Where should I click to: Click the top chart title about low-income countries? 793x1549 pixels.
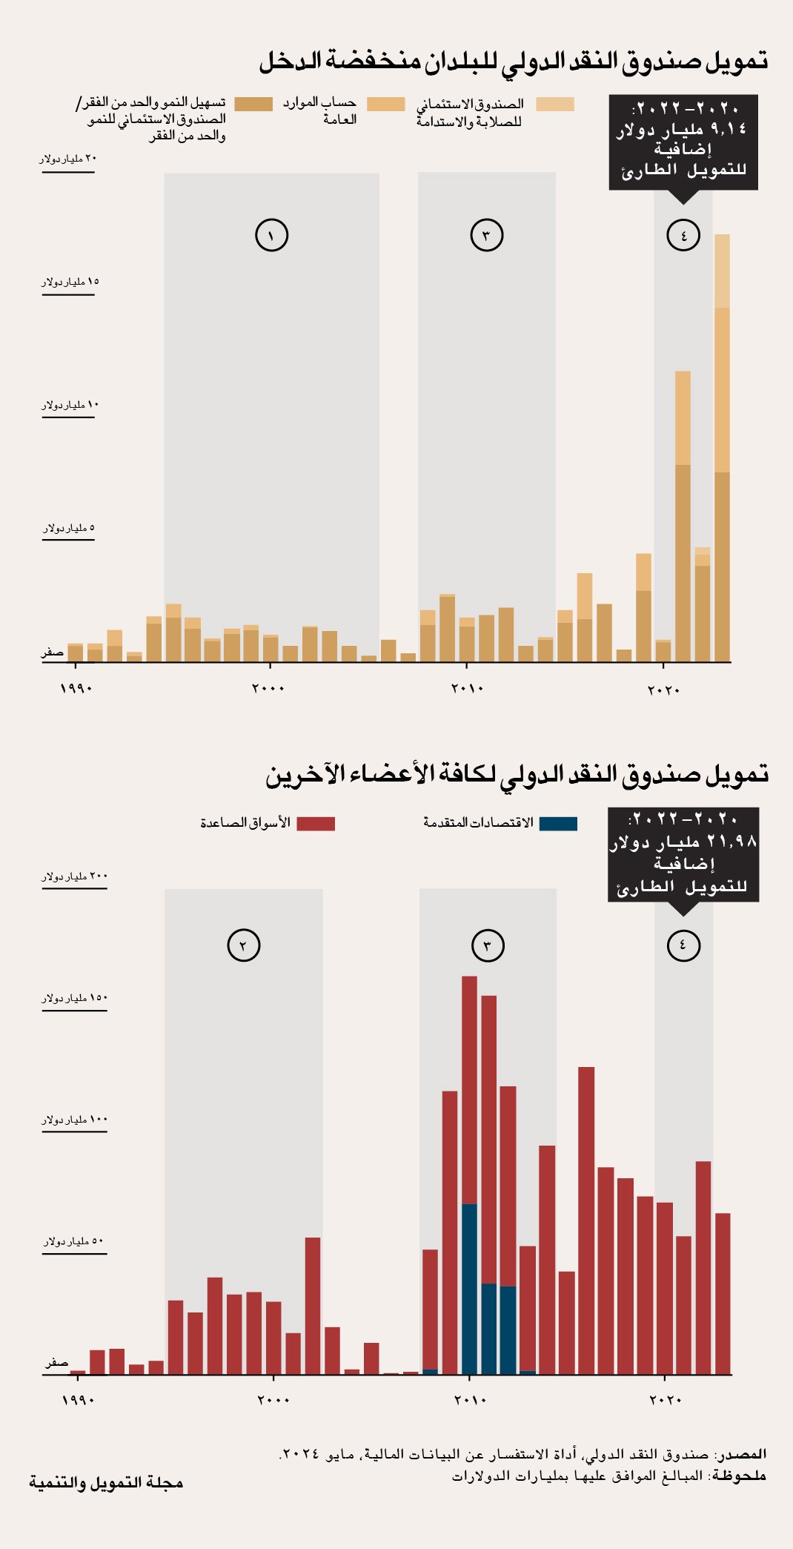tap(513, 62)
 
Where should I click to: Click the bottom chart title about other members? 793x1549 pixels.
tap(517, 775)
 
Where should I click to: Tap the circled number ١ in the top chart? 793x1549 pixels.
tap(271, 236)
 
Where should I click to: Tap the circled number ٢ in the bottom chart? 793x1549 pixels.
tap(243, 945)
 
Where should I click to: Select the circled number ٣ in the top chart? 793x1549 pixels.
tap(486, 236)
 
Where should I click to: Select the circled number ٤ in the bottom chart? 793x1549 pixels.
tap(683, 945)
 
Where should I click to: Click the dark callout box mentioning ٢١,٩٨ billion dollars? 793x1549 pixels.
tap(683, 854)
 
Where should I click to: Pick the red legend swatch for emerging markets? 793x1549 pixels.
tap(316, 824)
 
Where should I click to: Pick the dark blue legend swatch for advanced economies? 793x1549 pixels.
tap(558, 824)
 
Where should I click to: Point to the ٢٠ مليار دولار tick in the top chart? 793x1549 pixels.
tap(68, 159)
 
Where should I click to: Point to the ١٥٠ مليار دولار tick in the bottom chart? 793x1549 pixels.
tap(75, 999)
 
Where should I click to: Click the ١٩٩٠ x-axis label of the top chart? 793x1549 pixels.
tap(76, 689)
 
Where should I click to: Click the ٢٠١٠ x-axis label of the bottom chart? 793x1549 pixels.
tap(470, 1400)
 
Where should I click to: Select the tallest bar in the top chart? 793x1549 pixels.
tap(722, 445)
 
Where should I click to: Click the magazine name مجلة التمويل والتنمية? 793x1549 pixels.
tap(106, 1482)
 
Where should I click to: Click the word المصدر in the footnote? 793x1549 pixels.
tap(743, 1454)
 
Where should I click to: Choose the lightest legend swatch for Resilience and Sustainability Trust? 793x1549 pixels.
tap(554, 105)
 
